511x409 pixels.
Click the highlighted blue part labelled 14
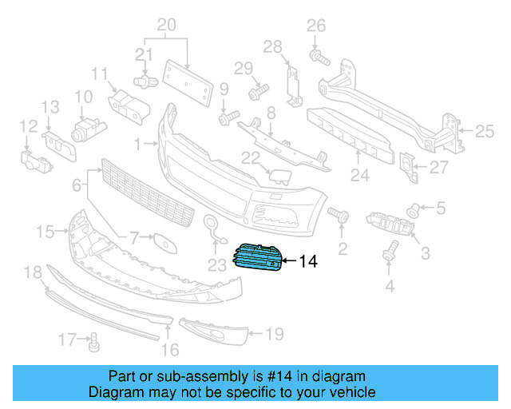pyautogui.click(x=256, y=259)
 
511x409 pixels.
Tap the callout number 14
pyautogui.click(x=307, y=260)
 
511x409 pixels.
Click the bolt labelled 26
pyautogui.click(x=318, y=56)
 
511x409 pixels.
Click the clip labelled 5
pyautogui.click(x=414, y=210)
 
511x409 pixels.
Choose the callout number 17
pyautogui.click(x=68, y=340)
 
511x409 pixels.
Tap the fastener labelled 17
pyautogui.click(x=93, y=343)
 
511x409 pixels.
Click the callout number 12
pyautogui.click(x=28, y=125)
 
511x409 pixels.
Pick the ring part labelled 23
pyautogui.click(x=212, y=226)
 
